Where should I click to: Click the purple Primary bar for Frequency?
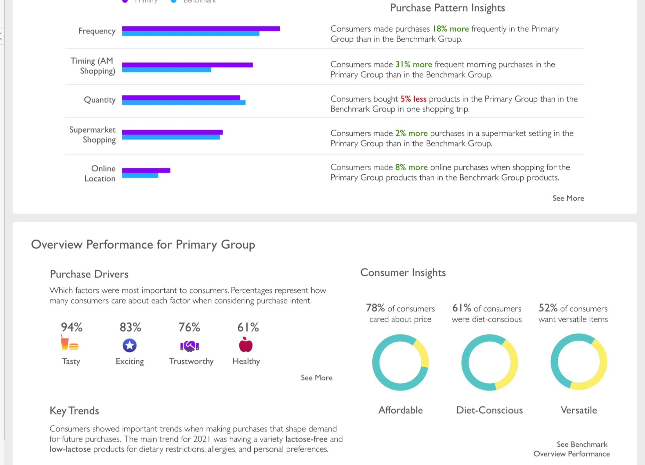200,28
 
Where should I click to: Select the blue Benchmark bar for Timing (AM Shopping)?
166,70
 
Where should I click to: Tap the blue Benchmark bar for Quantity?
183,103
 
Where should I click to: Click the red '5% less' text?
413,99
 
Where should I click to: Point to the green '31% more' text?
414,64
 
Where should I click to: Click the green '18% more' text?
450,29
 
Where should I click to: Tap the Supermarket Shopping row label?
92,135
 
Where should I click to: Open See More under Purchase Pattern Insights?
568,198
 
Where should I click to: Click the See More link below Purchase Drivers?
316,377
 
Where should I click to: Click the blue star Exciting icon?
130,345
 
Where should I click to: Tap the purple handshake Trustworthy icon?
189,346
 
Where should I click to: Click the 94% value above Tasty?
72,327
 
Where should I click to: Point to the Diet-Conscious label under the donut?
489,410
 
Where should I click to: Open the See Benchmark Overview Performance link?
572,449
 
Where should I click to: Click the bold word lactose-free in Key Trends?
306,439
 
